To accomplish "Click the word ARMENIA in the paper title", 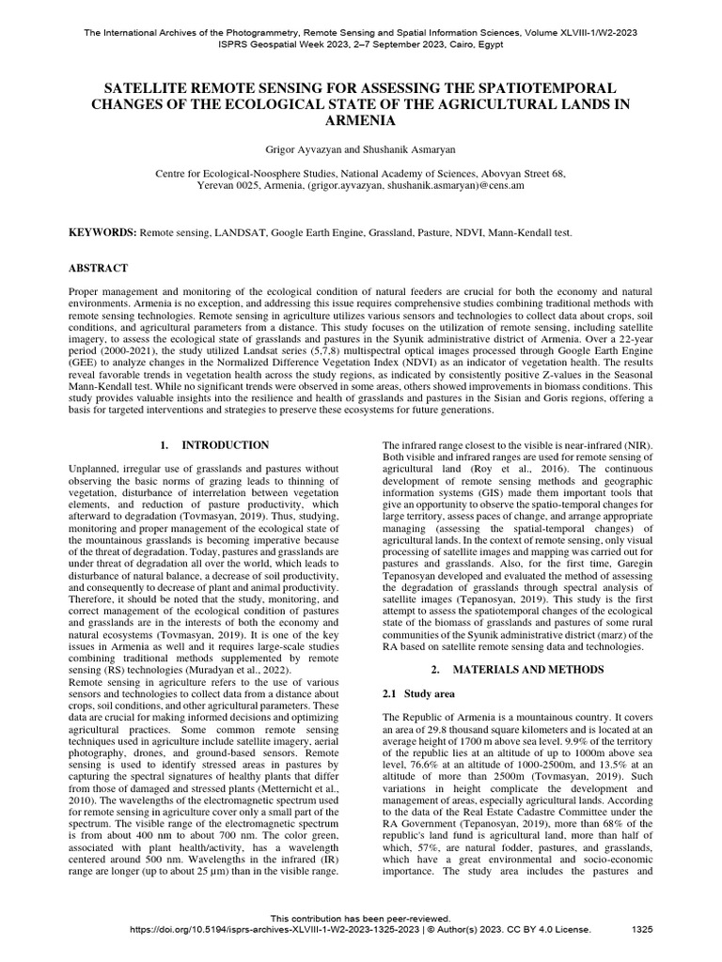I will (361, 121).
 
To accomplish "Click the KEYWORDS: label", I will (103, 231).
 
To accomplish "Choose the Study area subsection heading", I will (412, 693).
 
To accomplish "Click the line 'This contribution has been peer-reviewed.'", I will (361, 918).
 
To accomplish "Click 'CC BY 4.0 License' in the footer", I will (547, 930).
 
